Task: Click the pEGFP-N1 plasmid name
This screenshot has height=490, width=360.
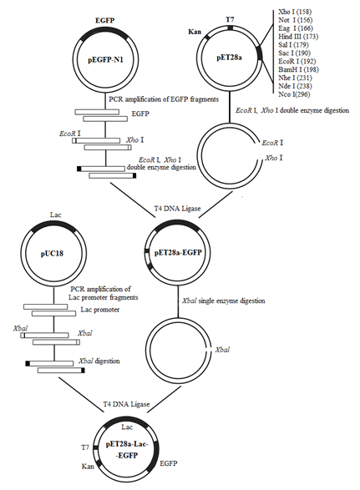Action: click(x=105, y=59)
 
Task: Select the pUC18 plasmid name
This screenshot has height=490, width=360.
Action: click(x=52, y=254)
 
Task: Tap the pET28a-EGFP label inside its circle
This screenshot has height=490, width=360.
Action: click(x=178, y=252)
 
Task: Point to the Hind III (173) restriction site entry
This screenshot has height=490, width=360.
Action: click(x=298, y=37)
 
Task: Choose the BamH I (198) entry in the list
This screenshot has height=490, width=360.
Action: click(x=298, y=69)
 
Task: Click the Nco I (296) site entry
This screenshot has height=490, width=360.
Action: click(x=294, y=94)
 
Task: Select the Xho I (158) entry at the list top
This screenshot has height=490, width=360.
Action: click(x=295, y=12)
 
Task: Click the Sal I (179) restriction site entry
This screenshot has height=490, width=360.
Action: click(x=293, y=45)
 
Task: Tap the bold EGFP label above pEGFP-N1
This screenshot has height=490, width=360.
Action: click(x=105, y=21)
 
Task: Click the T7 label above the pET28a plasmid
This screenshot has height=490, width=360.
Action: click(x=230, y=19)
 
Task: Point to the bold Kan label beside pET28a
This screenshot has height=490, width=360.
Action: click(x=195, y=32)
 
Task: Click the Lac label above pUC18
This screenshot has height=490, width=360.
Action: click(x=56, y=215)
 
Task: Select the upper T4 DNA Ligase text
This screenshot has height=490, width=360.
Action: click(x=177, y=208)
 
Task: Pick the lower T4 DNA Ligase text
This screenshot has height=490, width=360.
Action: click(x=126, y=404)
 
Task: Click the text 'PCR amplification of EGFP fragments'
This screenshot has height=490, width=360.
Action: click(x=164, y=99)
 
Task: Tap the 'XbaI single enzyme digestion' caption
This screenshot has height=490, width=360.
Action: click(x=223, y=301)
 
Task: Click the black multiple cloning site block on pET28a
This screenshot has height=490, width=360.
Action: click(x=259, y=53)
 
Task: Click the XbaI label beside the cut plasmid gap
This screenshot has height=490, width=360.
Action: click(x=222, y=350)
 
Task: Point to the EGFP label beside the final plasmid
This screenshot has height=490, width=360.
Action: click(x=169, y=463)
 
